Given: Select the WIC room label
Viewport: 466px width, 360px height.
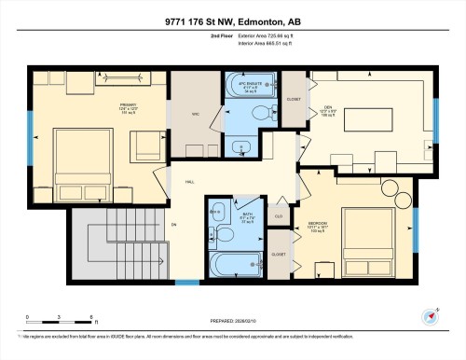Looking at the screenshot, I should click(x=196, y=116).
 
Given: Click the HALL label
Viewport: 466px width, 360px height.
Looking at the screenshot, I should click(x=189, y=182).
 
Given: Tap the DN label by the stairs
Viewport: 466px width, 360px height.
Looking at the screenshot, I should click(x=173, y=225).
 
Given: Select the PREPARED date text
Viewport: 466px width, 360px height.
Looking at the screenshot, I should click(x=233, y=322).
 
